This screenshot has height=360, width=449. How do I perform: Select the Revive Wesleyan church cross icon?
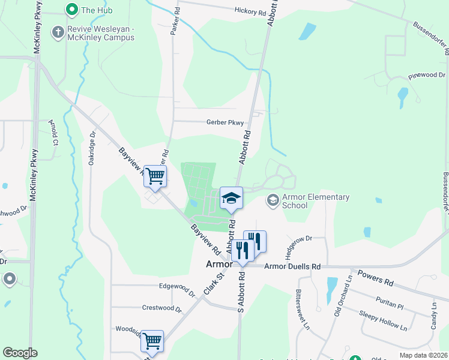point(58,32)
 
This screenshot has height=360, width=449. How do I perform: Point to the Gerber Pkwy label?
point(225,122)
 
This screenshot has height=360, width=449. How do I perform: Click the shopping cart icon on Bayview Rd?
point(155,176)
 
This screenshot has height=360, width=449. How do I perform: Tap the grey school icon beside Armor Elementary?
point(273,199)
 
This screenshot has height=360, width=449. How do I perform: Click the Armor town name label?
point(218,264)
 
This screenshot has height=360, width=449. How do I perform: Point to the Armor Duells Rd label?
point(292,266)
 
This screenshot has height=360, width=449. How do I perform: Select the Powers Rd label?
point(375,280)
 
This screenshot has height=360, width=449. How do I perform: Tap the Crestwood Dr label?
point(161,308)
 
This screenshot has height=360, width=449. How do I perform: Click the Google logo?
point(20,353)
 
